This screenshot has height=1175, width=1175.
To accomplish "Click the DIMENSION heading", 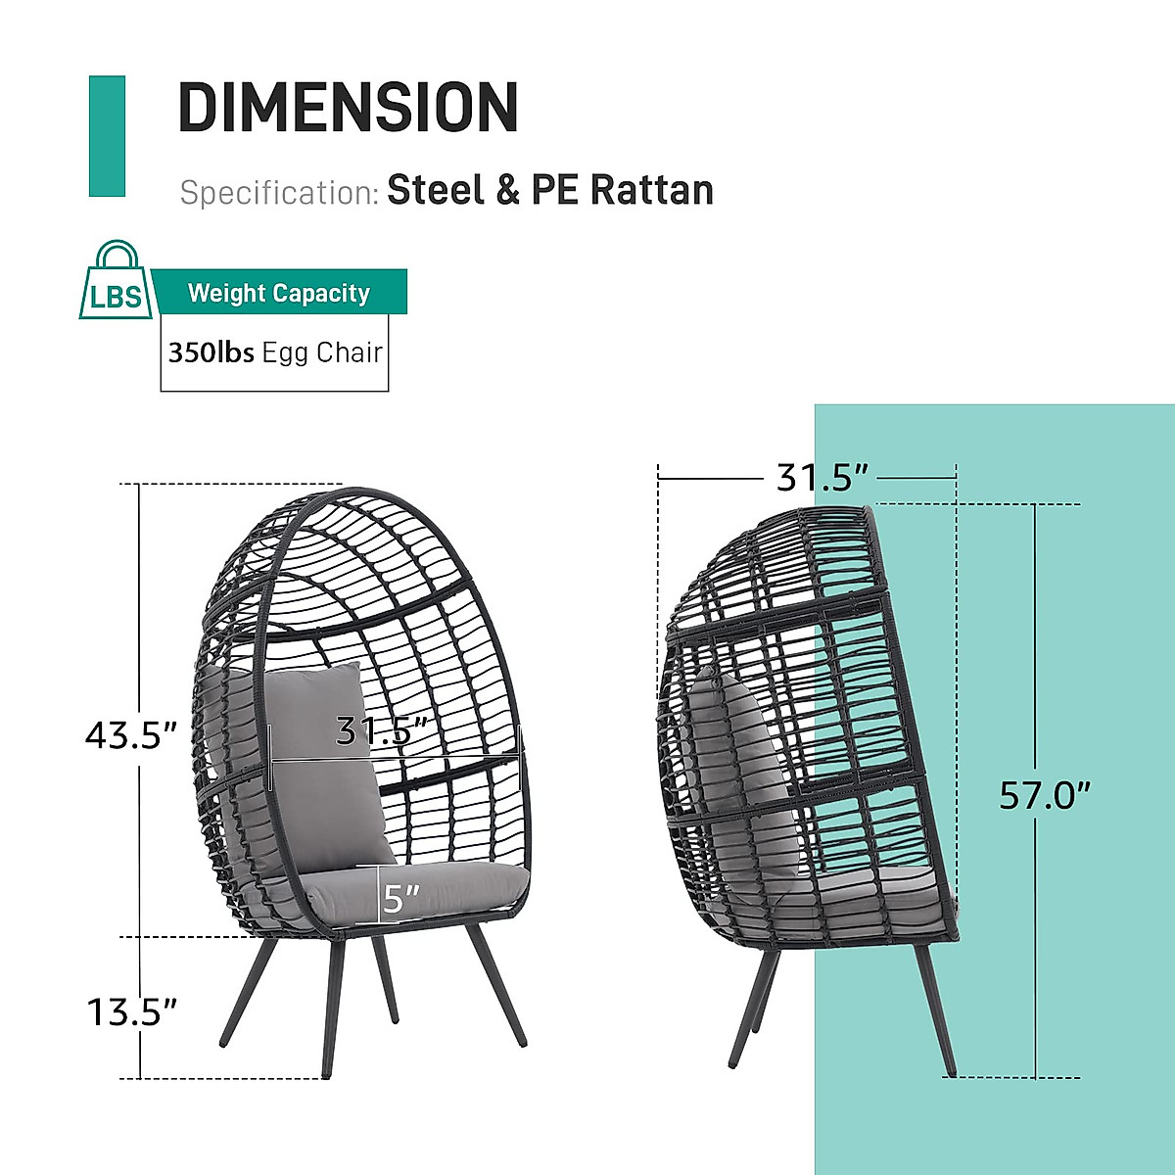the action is [348, 107].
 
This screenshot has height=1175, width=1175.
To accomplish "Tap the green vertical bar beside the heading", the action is [107, 136].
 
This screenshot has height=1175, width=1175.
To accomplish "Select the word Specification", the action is [280, 193].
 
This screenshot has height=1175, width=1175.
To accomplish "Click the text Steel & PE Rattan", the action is [550, 190].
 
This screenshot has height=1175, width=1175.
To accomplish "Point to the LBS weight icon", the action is [116, 280].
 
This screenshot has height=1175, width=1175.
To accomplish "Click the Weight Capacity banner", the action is [279, 293].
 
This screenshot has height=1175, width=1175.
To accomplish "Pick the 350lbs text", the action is [211, 352].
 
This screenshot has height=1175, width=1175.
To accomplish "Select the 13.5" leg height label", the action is [131, 1012].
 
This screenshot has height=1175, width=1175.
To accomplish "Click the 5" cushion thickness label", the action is [400, 898].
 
